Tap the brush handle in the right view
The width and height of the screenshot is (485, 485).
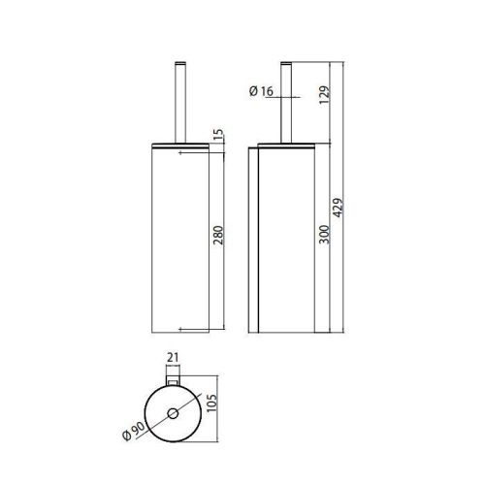[x=287, y=101]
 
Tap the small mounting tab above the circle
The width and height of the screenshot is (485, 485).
[x=176, y=380]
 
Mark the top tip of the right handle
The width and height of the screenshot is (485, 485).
[x=287, y=62]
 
